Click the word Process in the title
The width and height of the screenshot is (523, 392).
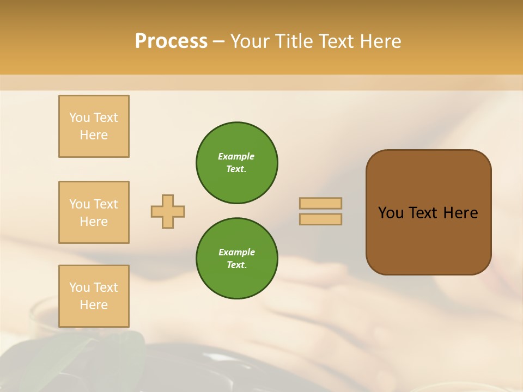pyautogui.click(x=171, y=41)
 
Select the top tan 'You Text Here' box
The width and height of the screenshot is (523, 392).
pyautogui.click(x=94, y=126)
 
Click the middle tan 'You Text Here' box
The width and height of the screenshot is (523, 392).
pyautogui.click(x=94, y=212)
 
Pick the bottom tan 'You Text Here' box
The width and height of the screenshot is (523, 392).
pyautogui.click(x=94, y=296)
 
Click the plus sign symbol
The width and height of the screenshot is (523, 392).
pyautogui.click(x=168, y=211)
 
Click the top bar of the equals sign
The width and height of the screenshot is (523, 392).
pyautogui.click(x=320, y=204)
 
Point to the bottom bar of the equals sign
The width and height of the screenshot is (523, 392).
pyautogui.click(x=320, y=219)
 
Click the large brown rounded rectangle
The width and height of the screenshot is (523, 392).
pyautogui.click(x=428, y=240)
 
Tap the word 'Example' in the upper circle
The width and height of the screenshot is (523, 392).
pyautogui.click(x=236, y=156)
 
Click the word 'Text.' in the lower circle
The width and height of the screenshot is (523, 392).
pyautogui.click(x=236, y=265)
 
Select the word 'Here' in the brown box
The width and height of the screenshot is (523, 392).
pyautogui.click(x=460, y=213)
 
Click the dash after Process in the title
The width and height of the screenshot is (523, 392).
pyautogui.click(x=218, y=42)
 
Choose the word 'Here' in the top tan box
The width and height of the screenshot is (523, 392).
pyautogui.click(x=94, y=135)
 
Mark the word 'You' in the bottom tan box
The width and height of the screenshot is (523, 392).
pyautogui.click(x=80, y=287)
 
